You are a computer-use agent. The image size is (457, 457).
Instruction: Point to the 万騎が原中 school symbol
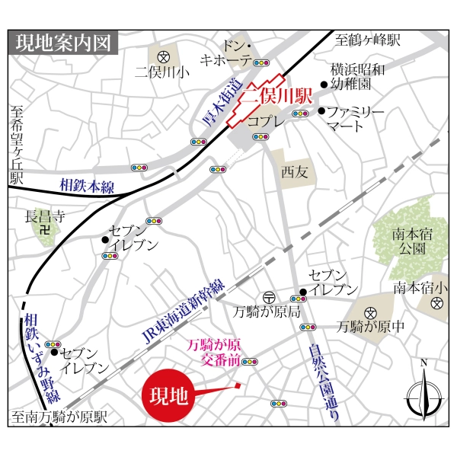[370, 313]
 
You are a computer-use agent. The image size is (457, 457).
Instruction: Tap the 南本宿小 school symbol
[436, 303]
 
